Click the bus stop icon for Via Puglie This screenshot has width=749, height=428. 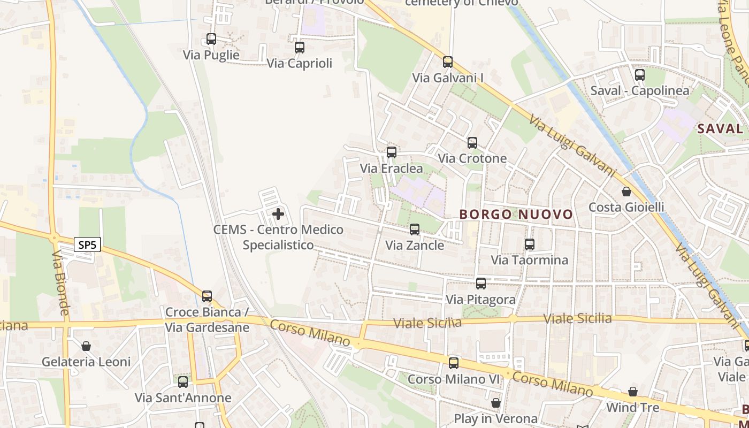[x=211, y=39]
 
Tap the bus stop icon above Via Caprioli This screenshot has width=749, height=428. [x=300, y=48]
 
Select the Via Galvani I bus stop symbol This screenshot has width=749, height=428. [x=448, y=62]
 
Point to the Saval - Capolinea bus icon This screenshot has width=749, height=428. [x=639, y=75]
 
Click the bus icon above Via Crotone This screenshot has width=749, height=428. [x=472, y=143]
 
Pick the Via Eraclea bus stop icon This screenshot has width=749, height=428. [x=392, y=152]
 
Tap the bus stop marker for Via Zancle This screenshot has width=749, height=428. [x=415, y=230]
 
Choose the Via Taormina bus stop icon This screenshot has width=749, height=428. [x=530, y=244]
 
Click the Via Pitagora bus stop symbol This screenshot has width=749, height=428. [x=481, y=284]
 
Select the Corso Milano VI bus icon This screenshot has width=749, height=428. [x=454, y=363]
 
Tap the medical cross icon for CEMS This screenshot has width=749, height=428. [x=278, y=215]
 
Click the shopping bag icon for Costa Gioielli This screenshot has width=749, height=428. [x=626, y=192]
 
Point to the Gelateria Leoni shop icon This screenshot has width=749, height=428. [x=86, y=346]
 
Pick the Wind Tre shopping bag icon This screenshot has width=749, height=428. [x=633, y=392]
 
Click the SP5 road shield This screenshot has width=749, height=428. [x=87, y=245]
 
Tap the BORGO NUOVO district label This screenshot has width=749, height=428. [x=516, y=215]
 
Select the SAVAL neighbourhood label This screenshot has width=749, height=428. [x=721, y=128]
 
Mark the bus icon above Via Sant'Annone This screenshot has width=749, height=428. [x=183, y=382]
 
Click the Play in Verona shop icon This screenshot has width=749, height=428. [x=496, y=402]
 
